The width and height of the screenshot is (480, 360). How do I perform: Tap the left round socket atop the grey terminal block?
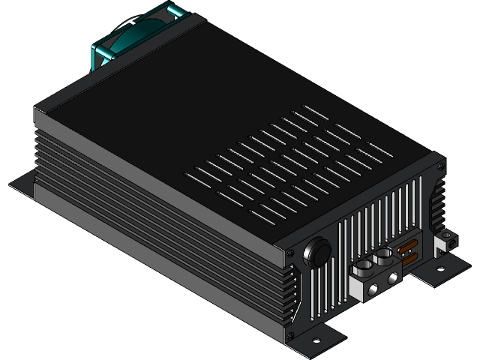tap(361, 263)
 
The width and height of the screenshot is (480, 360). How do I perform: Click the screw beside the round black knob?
tap(290, 256)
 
